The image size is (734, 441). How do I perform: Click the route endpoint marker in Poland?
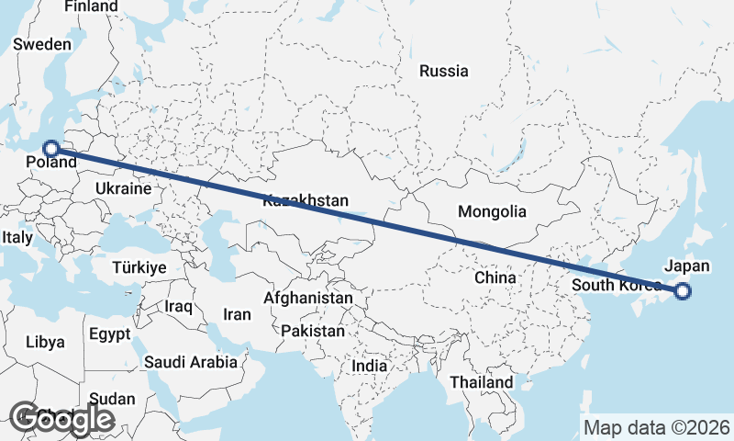click(51, 148)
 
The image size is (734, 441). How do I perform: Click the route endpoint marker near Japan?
click(682, 292)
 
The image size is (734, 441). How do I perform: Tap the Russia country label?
click(443, 71)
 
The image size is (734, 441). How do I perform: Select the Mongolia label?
click(493, 211)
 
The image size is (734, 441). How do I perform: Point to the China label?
click(496, 277)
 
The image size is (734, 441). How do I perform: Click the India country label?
click(370, 366)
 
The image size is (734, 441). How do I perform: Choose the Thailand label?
click(482, 381)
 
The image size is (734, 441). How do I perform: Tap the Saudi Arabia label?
click(190, 362)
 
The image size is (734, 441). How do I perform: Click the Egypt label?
click(111, 334)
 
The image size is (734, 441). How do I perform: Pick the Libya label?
click(46, 342)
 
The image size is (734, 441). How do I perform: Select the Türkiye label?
click(139, 267)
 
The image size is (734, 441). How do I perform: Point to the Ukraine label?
click(122, 188)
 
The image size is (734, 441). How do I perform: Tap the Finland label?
click(92, 6)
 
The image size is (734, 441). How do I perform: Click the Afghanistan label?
click(308, 299)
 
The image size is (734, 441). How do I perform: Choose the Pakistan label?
click(314, 331)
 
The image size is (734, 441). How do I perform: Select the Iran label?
click(237, 314)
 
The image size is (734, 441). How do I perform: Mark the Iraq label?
click(178, 305)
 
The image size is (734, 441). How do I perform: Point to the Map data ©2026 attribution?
click(657, 427)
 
